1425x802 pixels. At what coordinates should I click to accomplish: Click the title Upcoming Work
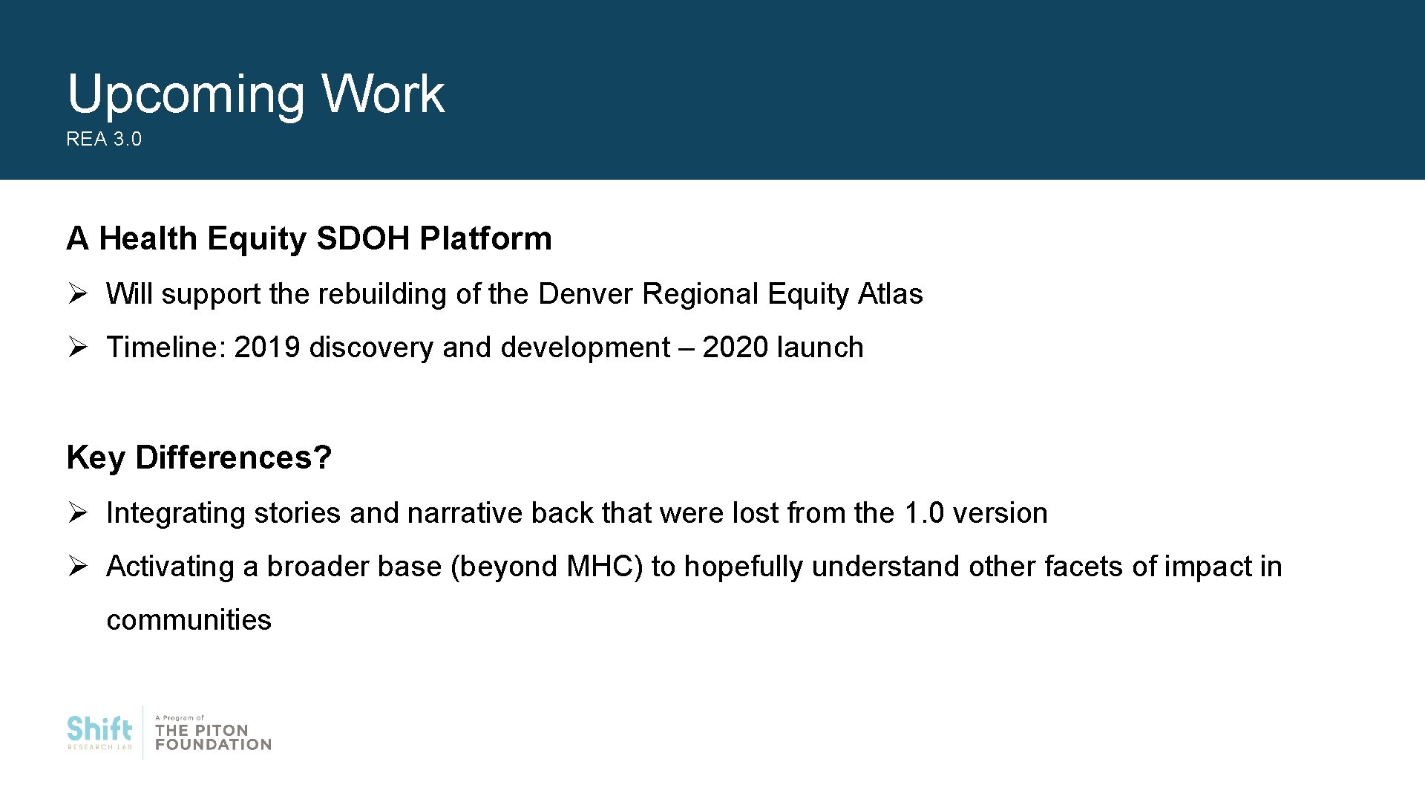point(255,94)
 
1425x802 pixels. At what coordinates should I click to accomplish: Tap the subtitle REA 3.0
point(103,140)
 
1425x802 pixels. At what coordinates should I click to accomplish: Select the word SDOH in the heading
point(362,238)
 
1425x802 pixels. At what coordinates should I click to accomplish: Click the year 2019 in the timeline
point(266,348)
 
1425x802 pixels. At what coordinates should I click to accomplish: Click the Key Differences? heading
point(199,457)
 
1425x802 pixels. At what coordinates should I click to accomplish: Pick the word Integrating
point(175,513)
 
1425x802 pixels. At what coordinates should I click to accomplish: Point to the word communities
point(189,620)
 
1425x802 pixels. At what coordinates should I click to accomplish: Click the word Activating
point(171,567)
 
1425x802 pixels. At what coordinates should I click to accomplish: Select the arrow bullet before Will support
point(78,294)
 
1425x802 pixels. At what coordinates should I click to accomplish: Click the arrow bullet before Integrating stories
point(78,513)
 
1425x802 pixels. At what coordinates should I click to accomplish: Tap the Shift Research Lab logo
point(99,732)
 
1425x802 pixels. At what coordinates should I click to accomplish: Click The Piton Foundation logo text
point(213,737)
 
